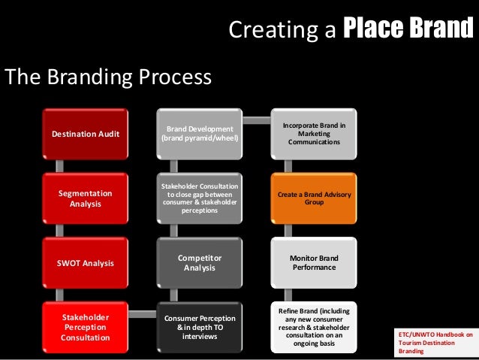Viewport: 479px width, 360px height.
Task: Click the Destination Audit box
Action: (x=85, y=135)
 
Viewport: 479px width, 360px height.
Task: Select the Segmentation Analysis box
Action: (x=85, y=198)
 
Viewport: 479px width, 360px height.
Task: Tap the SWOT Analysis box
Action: (x=85, y=263)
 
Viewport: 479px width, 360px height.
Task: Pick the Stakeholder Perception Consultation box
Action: (x=85, y=328)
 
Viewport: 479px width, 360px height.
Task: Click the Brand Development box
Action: (x=200, y=135)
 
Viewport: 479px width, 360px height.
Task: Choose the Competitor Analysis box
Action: (x=200, y=262)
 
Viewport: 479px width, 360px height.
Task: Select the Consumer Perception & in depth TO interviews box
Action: (x=200, y=327)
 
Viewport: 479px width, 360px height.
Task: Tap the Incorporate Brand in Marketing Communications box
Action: (x=314, y=133)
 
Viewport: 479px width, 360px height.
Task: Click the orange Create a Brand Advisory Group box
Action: (x=314, y=198)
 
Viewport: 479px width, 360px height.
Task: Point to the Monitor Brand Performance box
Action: (x=314, y=262)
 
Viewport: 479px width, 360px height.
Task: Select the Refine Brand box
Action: (x=314, y=327)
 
